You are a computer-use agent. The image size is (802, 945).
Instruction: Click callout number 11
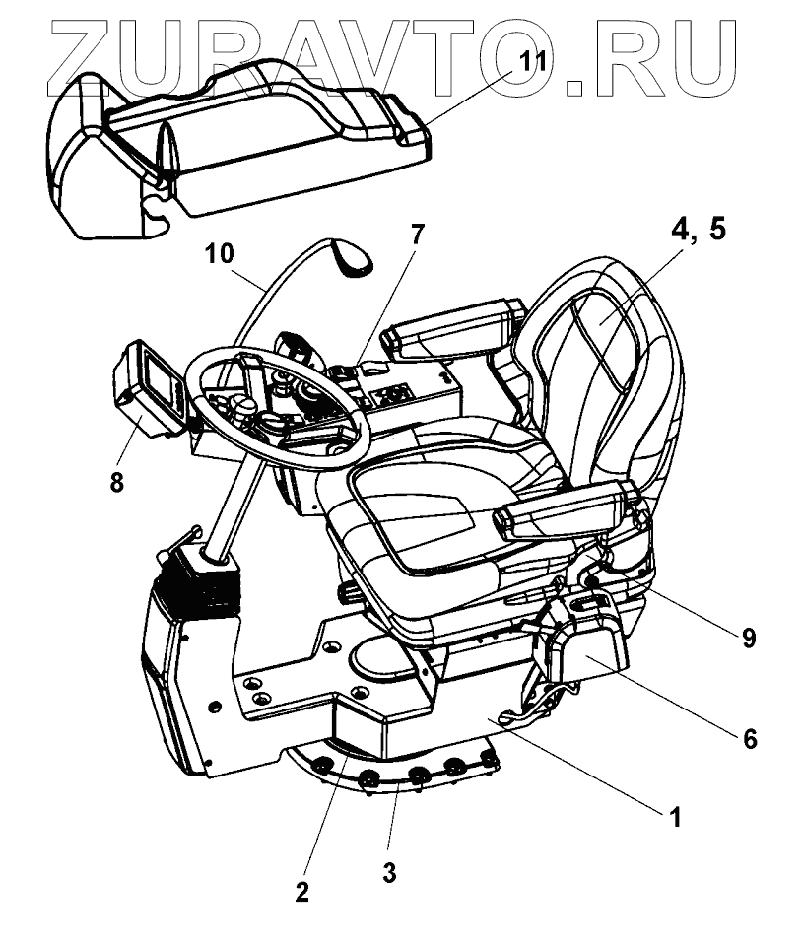point(533,61)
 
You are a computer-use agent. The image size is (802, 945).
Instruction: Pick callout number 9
point(749,638)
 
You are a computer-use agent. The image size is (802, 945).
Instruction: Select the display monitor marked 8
point(148,386)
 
